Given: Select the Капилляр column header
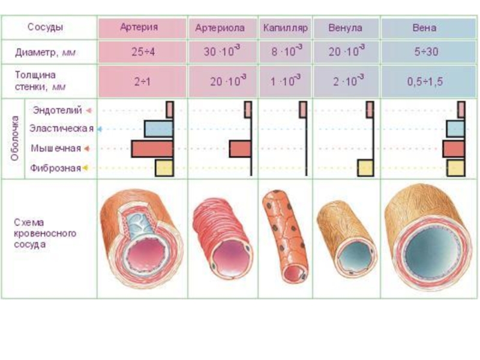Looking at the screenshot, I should (x=285, y=28).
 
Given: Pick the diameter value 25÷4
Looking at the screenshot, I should (x=143, y=52).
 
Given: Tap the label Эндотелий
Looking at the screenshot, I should (x=58, y=110).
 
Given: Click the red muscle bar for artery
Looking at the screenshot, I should (x=152, y=149).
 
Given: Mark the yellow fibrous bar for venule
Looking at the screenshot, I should (x=365, y=168).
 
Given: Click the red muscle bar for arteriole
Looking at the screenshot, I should (x=239, y=149).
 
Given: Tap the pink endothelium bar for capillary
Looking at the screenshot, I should (x=303, y=110).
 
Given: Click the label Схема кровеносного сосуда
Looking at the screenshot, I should (x=45, y=233).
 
